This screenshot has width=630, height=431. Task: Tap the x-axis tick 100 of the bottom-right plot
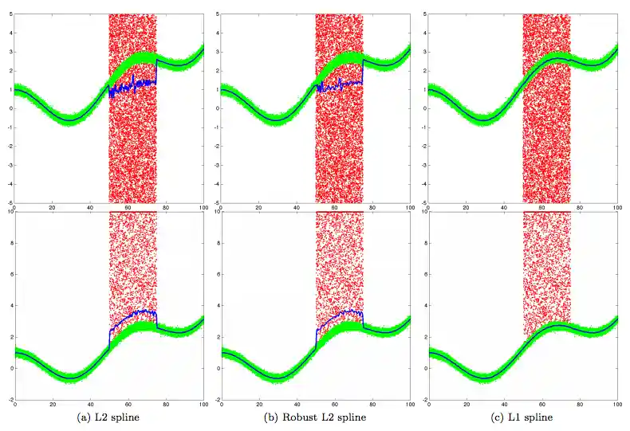click(x=616, y=406)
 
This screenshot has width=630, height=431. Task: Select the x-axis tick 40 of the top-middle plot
click(x=297, y=208)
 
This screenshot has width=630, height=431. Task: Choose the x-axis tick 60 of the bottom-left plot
click(x=128, y=406)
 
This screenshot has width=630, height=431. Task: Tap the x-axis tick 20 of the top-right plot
click(x=466, y=208)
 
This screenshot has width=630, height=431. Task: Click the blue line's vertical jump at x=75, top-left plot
click(x=157, y=70)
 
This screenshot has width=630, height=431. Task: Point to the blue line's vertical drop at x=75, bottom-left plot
click(x=157, y=319)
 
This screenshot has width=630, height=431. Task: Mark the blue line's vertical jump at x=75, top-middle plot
click(x=364, y=70)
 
